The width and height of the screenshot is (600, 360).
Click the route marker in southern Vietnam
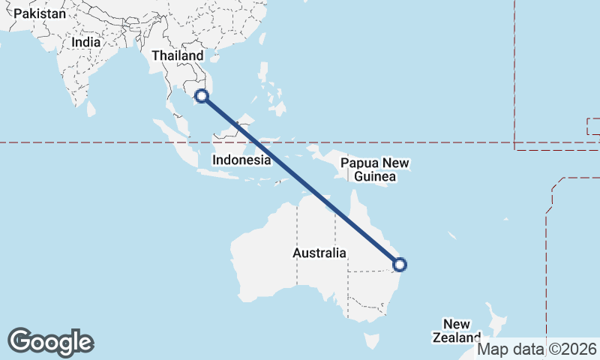point(201,95)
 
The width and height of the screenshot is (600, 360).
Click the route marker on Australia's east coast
point(400,264)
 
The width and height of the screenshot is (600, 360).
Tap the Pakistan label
point(39,13)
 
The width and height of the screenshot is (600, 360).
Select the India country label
point(85,43)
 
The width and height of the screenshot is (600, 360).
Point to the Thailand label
point(177,56)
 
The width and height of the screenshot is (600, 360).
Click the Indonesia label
point(241,160)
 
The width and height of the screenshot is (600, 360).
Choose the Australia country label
point(319,253)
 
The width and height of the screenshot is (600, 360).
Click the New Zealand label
point(456,331)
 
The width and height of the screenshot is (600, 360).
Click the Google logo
point(50,341)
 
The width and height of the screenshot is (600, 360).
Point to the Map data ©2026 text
point(537,349)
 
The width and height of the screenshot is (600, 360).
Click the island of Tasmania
point(370,342)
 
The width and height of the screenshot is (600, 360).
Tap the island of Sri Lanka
point(91,109)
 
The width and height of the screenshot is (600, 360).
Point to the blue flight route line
point(300,180)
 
